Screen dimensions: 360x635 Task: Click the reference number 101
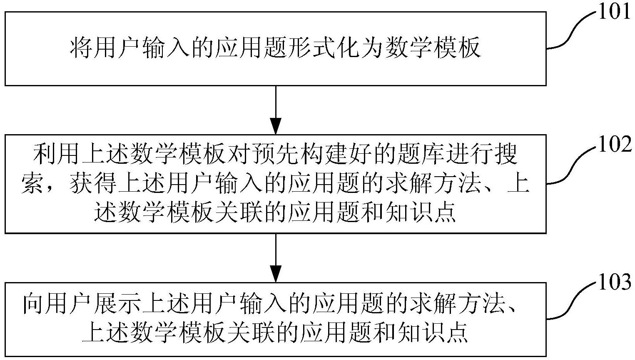point(615,13)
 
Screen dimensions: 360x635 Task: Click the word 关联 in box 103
point(261,332)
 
